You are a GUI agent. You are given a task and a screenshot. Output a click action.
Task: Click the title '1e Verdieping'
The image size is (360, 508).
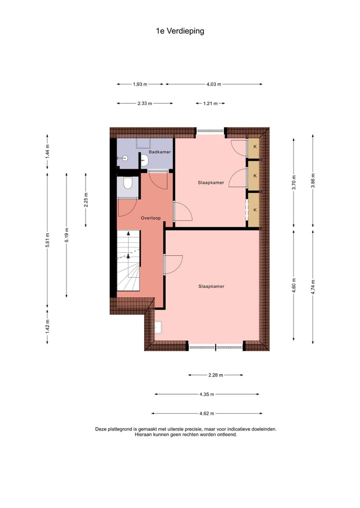[x=180, y=31]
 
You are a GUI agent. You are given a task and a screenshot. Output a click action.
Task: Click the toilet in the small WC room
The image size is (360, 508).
[x=128, y=183]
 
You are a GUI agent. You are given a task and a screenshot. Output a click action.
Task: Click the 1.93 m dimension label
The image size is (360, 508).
[x=140, y=84]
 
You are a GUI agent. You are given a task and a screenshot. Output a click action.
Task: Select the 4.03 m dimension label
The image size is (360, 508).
[x=213, y=84]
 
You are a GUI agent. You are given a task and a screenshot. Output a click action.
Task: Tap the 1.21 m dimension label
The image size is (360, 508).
[x=210, y=103]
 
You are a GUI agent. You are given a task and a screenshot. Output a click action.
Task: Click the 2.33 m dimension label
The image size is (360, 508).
[x=144, y=103]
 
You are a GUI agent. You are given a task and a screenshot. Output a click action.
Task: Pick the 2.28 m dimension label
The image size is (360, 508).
[x=215, y=375]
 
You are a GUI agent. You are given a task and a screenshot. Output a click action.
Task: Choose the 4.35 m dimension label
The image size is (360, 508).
[x=206, y=394]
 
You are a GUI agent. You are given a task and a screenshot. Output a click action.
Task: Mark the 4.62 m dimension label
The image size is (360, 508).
[x=206, y=414]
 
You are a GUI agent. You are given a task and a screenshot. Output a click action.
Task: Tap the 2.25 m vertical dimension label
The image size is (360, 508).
[x=86, y=200]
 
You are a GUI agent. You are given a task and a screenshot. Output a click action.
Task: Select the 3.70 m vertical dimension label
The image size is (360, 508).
[x=294, y=182]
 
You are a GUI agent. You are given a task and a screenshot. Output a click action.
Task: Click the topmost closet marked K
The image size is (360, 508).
[x=254, y=146]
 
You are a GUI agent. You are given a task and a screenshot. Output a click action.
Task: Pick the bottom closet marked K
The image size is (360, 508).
[x=254, y=210]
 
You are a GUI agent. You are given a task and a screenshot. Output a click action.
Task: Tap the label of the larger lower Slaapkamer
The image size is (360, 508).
[x=211, y=286]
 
